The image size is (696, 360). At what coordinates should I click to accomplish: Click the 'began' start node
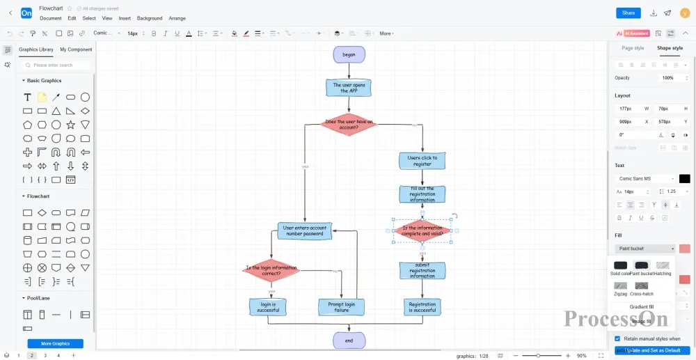349,54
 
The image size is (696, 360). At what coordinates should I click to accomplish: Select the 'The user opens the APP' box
349,88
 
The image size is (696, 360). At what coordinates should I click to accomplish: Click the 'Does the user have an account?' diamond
349,125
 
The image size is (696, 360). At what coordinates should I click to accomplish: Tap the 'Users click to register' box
422,161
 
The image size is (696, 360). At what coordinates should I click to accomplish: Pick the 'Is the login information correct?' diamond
271,270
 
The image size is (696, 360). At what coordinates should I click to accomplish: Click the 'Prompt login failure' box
341,306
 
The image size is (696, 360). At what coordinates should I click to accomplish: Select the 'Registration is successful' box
422,306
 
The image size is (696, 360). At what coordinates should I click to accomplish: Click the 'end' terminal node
349,341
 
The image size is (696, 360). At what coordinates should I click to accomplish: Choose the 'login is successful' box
268,306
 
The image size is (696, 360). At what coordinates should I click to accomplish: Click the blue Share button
628,13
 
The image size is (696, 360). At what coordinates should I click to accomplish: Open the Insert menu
125,18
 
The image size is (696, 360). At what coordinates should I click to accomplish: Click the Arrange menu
177,18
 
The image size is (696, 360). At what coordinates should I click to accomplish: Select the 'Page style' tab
633,48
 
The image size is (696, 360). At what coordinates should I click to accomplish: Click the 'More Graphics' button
55,343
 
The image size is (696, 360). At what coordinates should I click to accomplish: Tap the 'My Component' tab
76,49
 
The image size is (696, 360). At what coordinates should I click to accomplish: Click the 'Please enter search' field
58,65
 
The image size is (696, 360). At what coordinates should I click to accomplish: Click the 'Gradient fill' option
641,306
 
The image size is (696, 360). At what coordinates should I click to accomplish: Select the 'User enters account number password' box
304,230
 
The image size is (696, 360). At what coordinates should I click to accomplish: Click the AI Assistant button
633,33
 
